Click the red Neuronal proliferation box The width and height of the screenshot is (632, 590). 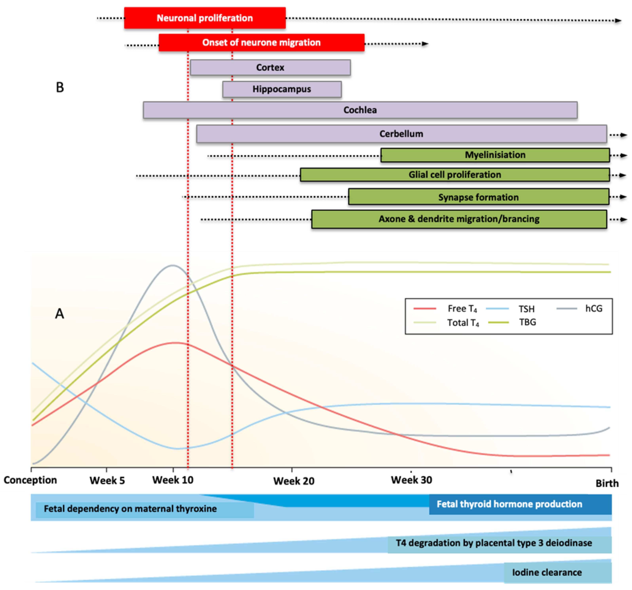click(x=205, y=18)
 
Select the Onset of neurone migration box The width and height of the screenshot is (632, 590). click(x=261, y=43)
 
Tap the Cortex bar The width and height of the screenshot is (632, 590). click(x=270, y=67)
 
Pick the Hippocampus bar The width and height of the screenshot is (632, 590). click(x=282, y=89)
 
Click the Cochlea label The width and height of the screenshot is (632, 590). click(x=360, y=110)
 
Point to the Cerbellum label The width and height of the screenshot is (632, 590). click(x=401, y=134)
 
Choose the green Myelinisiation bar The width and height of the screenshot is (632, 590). click(x=495, y=155)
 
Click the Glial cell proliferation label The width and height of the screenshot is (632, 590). click(x=455, y=175)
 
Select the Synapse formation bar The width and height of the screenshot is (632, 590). click(x=478, y=197)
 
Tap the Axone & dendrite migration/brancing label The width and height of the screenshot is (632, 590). click(x=459, y=219)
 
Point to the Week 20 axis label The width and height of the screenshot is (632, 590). click(x=294, y=481)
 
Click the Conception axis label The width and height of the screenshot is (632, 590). click(x=30, y=480)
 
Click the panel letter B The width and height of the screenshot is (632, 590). click(x=60, y=87)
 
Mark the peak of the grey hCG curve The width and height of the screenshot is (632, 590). click(x=173, y=266)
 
